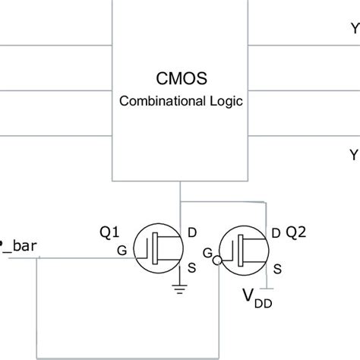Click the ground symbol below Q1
(178, 287)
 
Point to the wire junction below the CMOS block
(179, 202)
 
